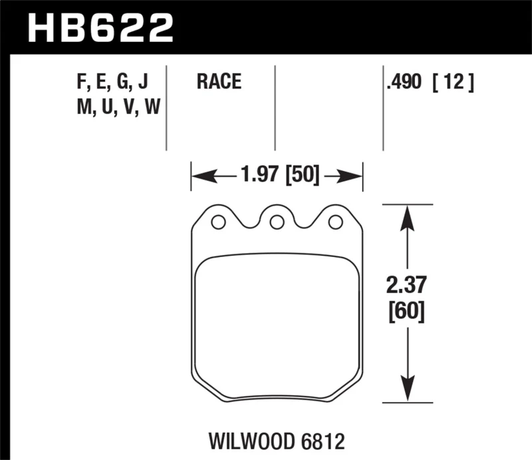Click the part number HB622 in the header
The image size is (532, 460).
pyautogui.click(x=100, y=28)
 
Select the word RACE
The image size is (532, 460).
pyautogui.click(x=219, y=83)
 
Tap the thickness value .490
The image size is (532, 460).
pyautogui.click(x=403, y=83)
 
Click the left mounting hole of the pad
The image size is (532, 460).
pyautogui.click(x=217, y=222)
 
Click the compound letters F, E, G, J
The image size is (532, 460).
pyautogui.click(x=112, y=83)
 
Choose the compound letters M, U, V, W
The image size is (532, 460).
pyautogui.click(x=118, y=107)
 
